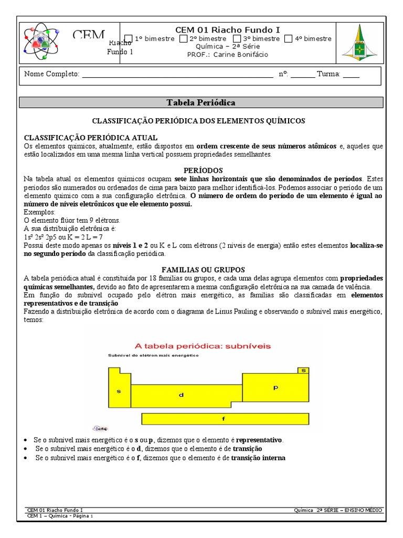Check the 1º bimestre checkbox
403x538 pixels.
128,38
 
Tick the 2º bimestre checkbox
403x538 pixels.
183,38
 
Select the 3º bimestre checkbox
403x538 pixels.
237,38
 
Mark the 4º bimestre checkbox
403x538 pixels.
288,38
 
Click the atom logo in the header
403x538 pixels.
43,42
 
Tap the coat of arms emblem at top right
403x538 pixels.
359,43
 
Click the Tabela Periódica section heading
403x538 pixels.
201,102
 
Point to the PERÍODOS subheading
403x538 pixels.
203,171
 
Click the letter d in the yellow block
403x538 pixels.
182,395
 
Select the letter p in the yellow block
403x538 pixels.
275,388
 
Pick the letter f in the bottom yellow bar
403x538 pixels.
224,419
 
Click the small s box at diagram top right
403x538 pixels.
303,370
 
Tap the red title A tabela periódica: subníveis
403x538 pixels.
199,346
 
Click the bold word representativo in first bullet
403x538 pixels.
259,440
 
